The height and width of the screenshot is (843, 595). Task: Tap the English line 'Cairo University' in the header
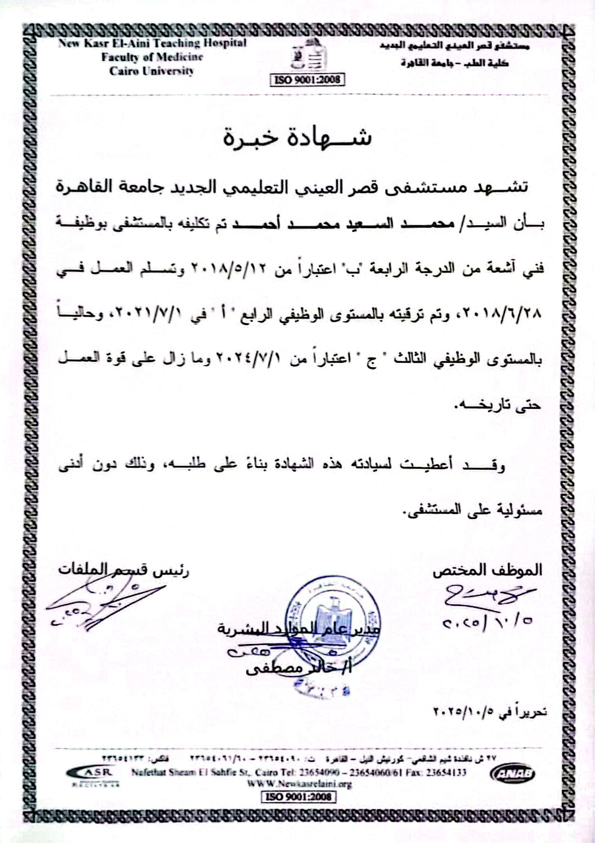(x=151, y=71)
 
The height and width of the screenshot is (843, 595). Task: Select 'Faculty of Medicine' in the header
(x=152, y=57)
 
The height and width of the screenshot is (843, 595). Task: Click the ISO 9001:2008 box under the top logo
(x=307, y=79)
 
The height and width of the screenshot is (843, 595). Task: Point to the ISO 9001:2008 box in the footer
(x=298, y=797)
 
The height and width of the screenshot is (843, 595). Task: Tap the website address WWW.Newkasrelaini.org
(x=299, y=784)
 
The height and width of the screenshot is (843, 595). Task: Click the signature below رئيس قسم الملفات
(x=103, y=604)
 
